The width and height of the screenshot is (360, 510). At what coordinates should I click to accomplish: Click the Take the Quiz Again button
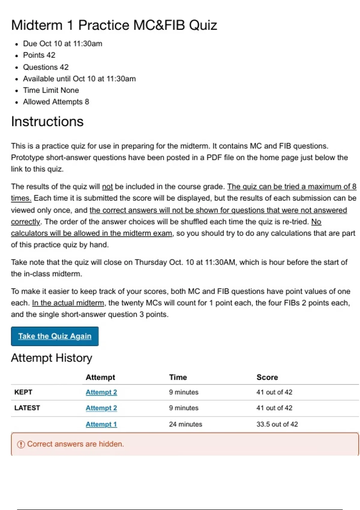coord(55,336)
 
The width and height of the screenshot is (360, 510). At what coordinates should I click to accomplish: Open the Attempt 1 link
coord(101,424)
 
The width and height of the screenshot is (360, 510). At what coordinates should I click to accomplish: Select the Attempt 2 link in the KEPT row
coord(101,392)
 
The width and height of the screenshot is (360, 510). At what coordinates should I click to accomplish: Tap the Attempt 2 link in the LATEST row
coord(101,408)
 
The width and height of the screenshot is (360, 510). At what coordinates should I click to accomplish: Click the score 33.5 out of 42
coord(277,424)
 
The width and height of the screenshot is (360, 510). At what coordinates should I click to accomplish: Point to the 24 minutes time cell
coord(185,424)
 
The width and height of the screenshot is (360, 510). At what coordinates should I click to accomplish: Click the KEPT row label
coord(23,392)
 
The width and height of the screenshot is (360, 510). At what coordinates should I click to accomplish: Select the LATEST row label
coord(27,408)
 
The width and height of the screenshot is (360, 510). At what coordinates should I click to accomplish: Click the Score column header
coord(267,377)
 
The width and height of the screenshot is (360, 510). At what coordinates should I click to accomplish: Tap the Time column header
coord(178,377)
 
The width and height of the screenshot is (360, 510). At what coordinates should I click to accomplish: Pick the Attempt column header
coord(100,377)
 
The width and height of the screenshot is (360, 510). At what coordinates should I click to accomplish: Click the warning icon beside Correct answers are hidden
coord(21,444)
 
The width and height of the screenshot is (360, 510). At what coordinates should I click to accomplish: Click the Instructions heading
coord(47,122)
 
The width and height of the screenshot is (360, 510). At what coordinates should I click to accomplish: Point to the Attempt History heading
coord(51,358)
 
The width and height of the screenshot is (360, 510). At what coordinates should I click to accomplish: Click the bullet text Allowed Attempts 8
coord(56,102)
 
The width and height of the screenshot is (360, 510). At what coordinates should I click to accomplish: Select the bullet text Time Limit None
coord(51,90)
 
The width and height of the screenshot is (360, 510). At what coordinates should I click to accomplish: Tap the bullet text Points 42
coord(39,55)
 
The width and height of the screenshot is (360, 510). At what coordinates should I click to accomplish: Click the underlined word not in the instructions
coord(107,187)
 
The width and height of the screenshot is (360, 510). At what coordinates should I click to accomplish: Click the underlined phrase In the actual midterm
coord(68,303)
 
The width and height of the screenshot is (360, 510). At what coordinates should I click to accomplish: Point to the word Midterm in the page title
coord(37,25)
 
